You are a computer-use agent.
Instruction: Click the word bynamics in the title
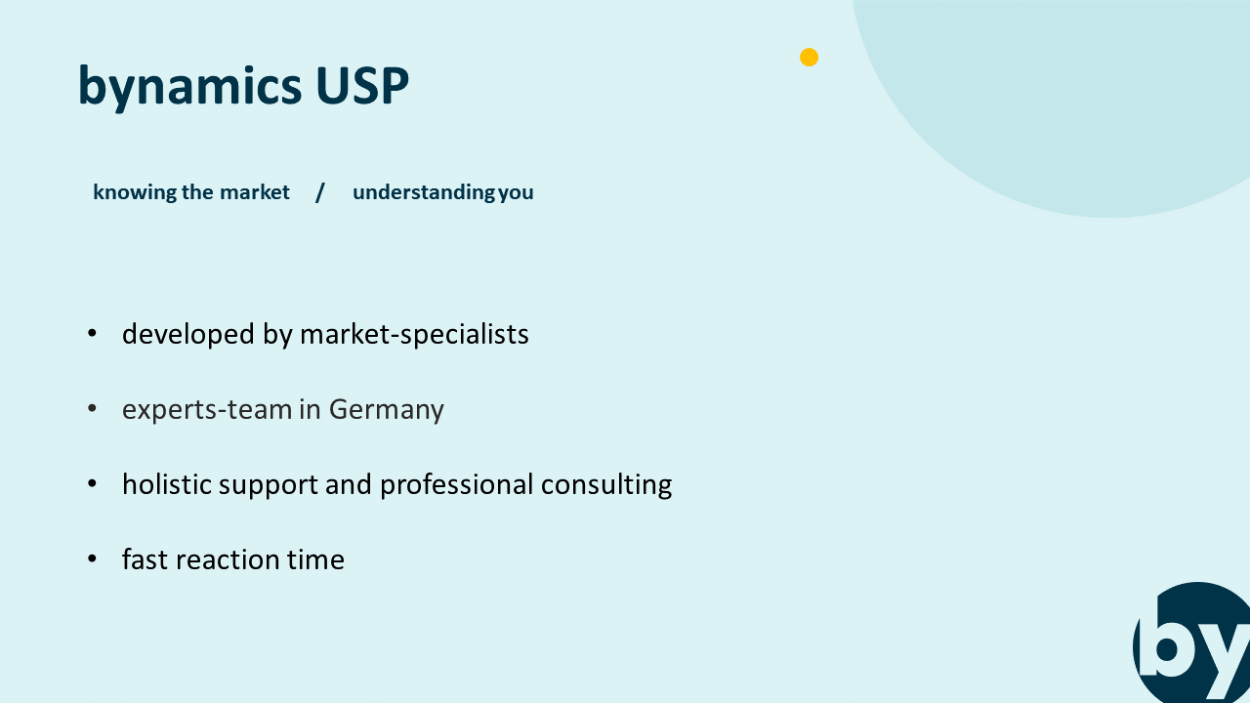pyautogui.click(x=189, y=87)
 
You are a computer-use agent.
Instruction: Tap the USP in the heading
pyautogui.click(x=362, y=86)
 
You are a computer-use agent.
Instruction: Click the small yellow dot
pyautogui.click(x=809, y=57)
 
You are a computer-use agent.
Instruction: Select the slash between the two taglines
pyautogui.click(x=319, y=193)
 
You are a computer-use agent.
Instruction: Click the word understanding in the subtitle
pyautogui.click(x=424, y=193)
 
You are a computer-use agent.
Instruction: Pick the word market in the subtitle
pyautogui.click(x=255, y=192)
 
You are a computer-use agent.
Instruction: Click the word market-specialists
pyautogui.click(x=414, y=335)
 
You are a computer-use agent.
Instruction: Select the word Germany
pyautogui.click(x=386, y=411)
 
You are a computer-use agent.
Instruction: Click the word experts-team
pyautogui.click(x=207, y=411)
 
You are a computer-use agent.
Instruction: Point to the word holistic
pyautogui.click(x=167, y=483)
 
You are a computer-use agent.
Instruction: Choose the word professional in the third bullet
pyautogui.click(x=456, y=485)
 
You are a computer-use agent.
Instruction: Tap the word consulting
pyautogui.click(x=606, y=485)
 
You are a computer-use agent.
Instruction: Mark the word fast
pyautogui.click(x=146, y=559)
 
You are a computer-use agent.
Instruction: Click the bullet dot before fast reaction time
pyautogui.click(x=92, y=558)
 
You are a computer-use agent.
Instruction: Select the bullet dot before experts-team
pyautogui.click(x=92, y=408)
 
